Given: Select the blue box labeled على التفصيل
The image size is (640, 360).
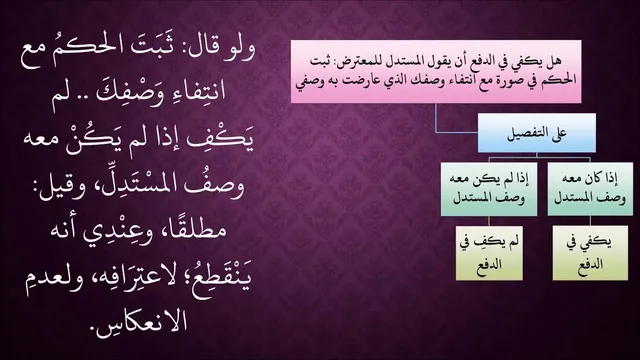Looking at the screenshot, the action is [537, 133].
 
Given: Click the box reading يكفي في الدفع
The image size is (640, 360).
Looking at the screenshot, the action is [590, 253].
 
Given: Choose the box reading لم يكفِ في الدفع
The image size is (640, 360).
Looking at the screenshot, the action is [489, 253].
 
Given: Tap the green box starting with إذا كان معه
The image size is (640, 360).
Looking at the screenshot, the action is [590, 189].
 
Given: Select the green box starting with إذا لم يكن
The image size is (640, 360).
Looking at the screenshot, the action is [489, 189].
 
